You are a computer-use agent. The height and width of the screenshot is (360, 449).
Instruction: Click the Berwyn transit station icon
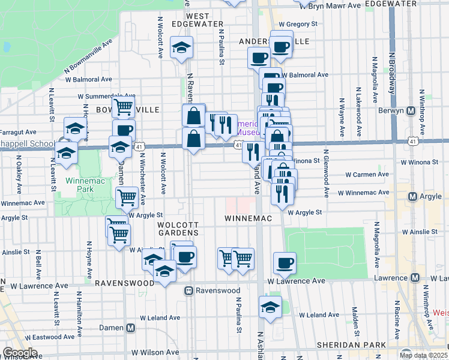point(412,111)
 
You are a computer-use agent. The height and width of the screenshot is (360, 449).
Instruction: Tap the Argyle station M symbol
point(412,196)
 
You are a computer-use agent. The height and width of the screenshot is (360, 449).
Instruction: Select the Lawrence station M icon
point(414,278)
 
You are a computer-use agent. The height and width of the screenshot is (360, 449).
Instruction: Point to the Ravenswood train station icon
point(188,290)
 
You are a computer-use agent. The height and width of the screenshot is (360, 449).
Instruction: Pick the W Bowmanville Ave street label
point(89,58)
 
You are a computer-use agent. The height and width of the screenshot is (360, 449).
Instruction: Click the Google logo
point(20,353)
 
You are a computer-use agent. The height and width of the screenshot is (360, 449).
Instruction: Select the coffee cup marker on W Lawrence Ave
point(285,262)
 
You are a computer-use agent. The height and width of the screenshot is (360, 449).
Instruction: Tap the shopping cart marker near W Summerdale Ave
point(123,106)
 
